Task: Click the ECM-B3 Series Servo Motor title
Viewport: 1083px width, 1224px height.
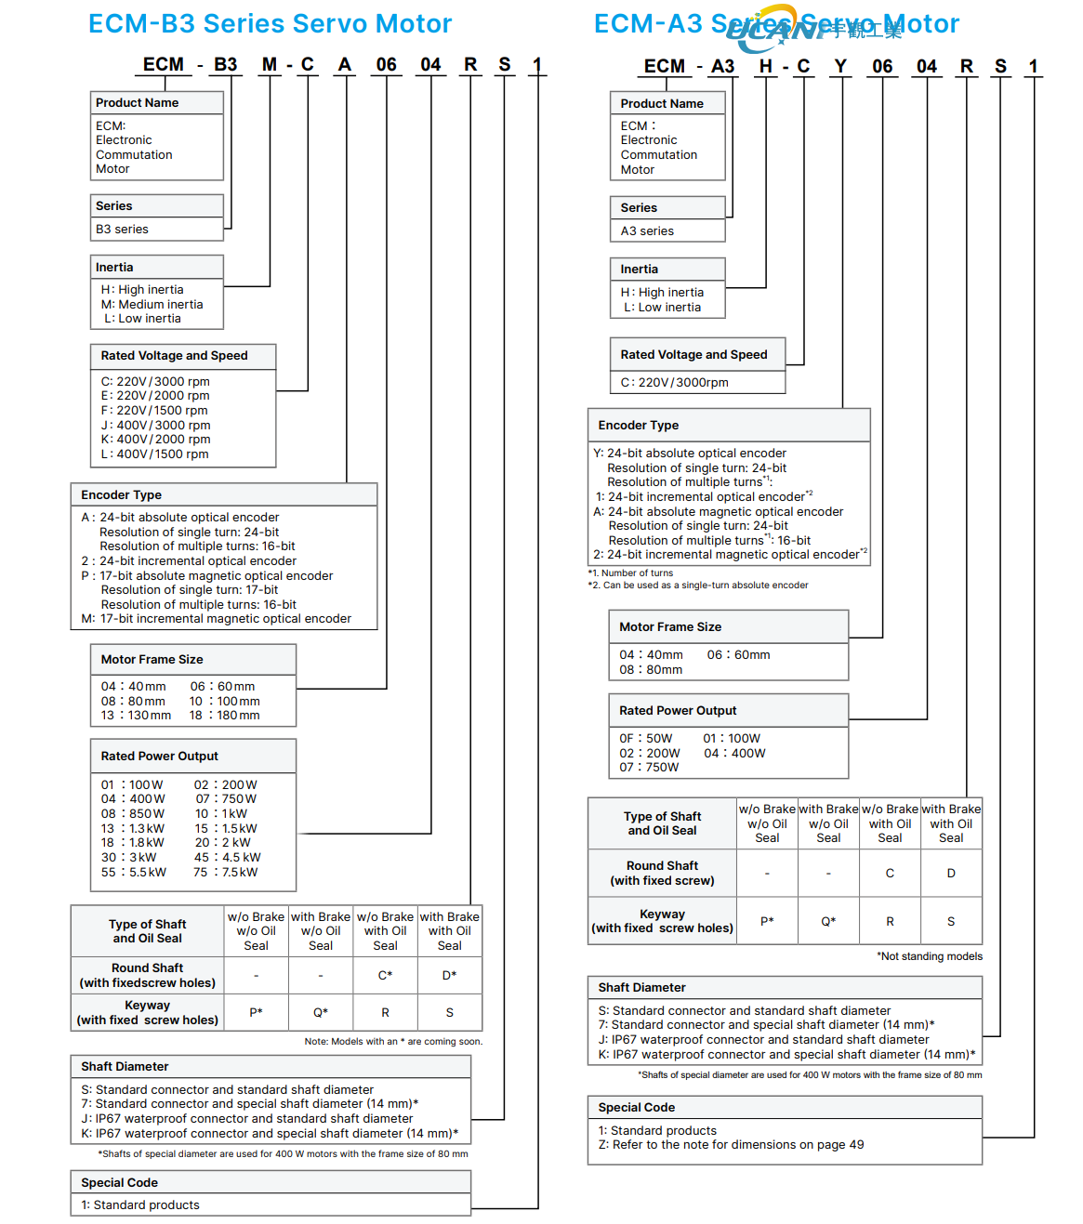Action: point(270,24)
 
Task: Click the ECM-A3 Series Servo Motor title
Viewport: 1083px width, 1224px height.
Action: point(776,24)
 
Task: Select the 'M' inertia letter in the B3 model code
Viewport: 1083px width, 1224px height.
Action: point(270,65)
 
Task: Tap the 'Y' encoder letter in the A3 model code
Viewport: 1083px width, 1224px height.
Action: point(840,67)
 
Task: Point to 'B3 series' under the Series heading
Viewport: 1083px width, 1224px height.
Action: point(122,230)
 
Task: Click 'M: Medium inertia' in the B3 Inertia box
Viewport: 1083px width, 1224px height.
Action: point(152,305)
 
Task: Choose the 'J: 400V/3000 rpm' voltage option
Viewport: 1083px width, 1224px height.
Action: point(155,426)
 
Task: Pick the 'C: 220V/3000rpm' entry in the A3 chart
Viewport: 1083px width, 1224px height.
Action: point(674,383)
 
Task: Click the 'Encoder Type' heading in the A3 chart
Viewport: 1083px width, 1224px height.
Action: point(639,426)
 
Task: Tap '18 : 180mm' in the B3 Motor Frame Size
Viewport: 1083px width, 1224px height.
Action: point(225,716)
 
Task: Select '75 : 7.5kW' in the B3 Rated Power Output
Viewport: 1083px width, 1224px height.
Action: point(226,873)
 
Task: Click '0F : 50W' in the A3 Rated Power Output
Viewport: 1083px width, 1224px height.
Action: point(646,739)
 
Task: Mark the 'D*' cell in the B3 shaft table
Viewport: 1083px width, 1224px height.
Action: point(450,976)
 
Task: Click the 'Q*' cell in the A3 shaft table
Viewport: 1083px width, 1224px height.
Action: point(828,922)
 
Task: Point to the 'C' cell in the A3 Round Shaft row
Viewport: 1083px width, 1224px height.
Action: point(890,874)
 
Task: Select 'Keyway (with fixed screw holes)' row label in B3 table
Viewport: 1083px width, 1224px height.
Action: point(148,1013)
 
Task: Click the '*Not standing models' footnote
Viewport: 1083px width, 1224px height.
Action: point(930,956)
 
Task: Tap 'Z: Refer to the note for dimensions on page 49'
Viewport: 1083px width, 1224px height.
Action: point(731,1145)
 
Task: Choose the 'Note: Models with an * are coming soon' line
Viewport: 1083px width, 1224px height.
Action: point(393,1042)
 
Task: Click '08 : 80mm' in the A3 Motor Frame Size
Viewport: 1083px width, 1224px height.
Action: point(651,670)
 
